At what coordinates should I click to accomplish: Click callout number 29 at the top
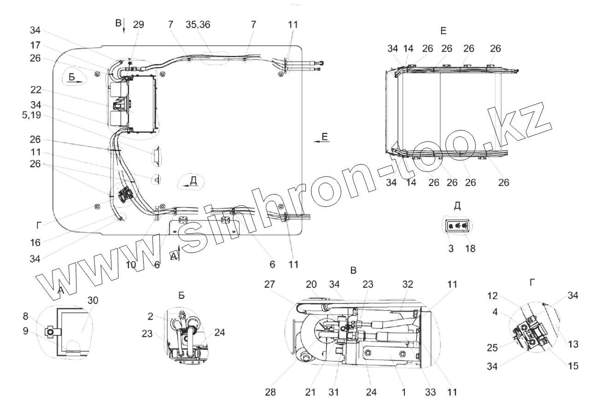coord(138,25)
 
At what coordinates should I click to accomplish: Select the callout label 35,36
coord(199,25)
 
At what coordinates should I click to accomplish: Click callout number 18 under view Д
coord(470,248)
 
